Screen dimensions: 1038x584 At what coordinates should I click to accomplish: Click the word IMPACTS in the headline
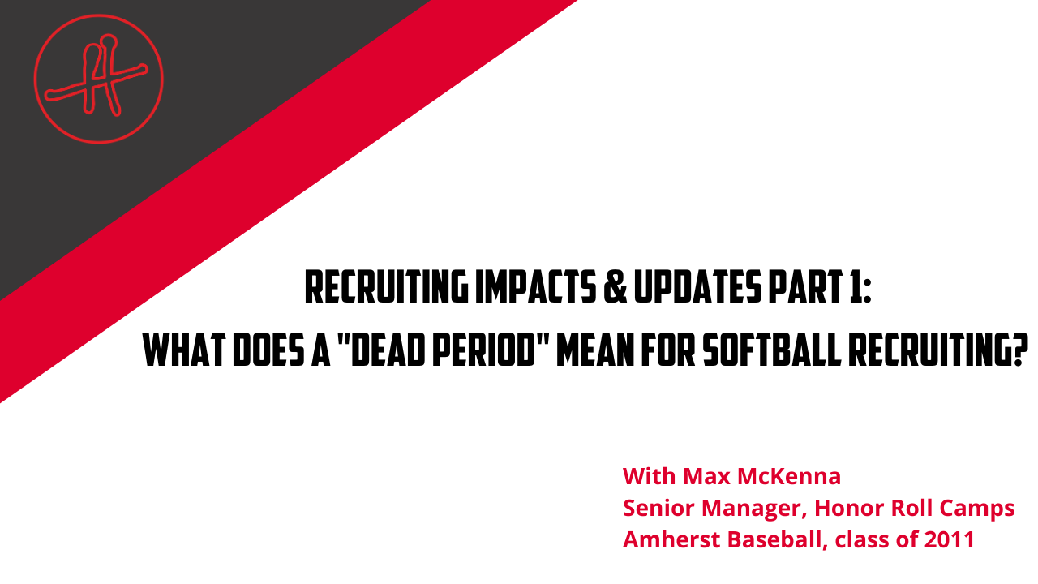pyautogui.click(x=536, y=287)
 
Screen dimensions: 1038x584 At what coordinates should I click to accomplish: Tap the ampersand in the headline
pyautogui.click(x=616, y=287)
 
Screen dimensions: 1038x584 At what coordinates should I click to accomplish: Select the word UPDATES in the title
pyautogui.click(x=698, y=287)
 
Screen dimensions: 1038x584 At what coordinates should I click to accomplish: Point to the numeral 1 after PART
pyautogui.click(x=854, y=287)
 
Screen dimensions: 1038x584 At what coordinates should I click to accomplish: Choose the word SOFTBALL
pyautogui.click(x=772, y=350)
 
